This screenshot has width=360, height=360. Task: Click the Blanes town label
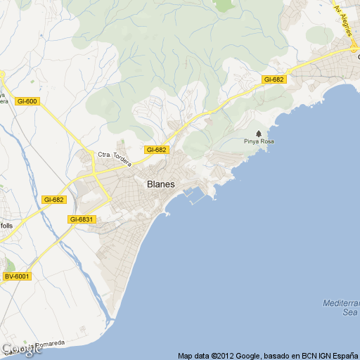pyautogui.click(x=160, y=184)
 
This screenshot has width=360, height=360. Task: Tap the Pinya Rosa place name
pyautogui.click(x=259, y=141)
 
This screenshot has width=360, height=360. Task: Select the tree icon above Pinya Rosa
pyautogui.click(x=259, y=133)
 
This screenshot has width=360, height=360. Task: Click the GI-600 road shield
pyautogui.click(x=27, y=101)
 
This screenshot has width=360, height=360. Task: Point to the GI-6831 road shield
pyautogui.click(x=82, y=219)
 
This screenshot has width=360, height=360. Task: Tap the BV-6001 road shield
pyautogui.click(x=17, y=276)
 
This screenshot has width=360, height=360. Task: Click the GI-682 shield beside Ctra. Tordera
pyautogui.click(x=156, y=150)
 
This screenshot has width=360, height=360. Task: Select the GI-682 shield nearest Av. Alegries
pyautogui.click(x=274, y=79)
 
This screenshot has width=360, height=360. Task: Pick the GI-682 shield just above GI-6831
pyautogui.click(x=53, y=200)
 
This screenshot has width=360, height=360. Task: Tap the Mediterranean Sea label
pyautogui.click(x=341, y=307)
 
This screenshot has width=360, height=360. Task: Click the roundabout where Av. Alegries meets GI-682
pyautogui.click(x=354, y=50)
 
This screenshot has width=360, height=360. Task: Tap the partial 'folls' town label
pyautogui.click(x=6, y=226)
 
